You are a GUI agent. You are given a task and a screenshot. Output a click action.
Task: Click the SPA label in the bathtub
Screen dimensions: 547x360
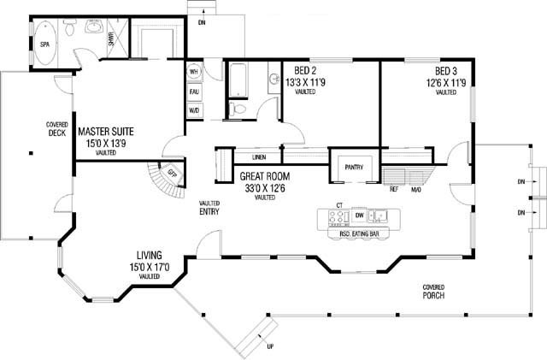(x=44, y=44)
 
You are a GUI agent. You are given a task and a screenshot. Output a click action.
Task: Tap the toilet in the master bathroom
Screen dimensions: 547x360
(x=70, y=27)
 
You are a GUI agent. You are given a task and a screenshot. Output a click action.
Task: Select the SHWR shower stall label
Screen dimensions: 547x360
(x=111, y=38)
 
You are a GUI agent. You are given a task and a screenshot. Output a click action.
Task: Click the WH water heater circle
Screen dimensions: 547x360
(x=194, y=72)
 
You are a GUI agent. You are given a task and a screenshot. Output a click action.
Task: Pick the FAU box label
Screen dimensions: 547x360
(x=194, y=91)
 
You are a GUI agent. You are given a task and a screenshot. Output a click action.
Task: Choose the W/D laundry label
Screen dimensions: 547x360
(x=194, y=110)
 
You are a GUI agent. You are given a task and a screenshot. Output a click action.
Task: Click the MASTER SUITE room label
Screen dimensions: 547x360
(x=106, y=132)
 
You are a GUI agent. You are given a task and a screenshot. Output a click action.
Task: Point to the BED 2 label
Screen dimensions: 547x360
(x=305, y=71)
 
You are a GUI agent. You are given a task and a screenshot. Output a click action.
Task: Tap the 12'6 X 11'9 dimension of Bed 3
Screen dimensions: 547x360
(x=446, y=83)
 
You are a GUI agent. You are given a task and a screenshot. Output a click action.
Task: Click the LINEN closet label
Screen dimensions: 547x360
(x=259, y=157)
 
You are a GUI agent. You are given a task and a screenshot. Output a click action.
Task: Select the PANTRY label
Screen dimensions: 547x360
(x=354, y=168)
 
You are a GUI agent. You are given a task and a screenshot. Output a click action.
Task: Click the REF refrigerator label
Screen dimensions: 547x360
(x=394, y=190)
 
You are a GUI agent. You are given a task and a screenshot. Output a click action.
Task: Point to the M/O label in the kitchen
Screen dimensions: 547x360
(x=416, y=190)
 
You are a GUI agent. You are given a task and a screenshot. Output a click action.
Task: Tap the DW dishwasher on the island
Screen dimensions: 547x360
(x=359, y=215)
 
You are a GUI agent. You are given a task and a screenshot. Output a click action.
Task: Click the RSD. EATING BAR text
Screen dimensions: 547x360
(x=359, y=234)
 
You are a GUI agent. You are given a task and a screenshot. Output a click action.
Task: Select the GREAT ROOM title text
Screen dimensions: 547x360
(x=265, y=177)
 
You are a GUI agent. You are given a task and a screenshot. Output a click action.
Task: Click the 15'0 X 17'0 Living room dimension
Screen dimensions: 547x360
(x=150, y=268)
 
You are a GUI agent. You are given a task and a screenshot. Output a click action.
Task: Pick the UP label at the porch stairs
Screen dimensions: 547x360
(x=270, y=346)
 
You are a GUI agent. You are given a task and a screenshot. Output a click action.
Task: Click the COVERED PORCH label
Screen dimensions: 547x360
(x=433, y=292)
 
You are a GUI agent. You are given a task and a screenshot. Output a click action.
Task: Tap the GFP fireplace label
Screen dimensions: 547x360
(x=172, y=173)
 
